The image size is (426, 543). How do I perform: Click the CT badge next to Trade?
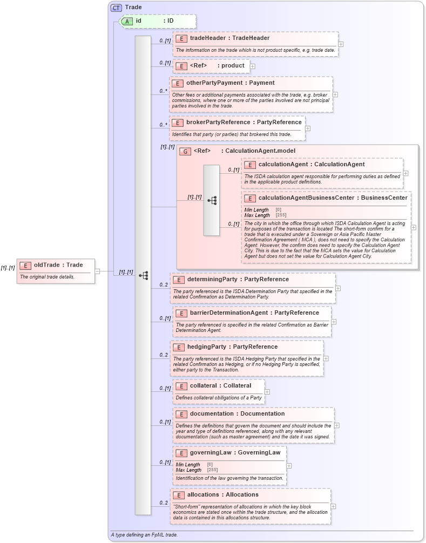click(x=116, y=8)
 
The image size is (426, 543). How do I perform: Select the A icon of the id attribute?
click(x=127, y=21)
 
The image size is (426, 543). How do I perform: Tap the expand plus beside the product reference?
click(x=253, y=66)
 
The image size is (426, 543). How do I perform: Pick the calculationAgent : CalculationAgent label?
click(x=311, y=165)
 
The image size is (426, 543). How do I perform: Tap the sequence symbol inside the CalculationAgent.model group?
click(x=212, y=200)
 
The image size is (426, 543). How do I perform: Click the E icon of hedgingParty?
click(x=180, y=347)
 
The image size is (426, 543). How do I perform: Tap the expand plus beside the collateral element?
click(x=267, y=392)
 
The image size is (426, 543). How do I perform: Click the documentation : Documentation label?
click(x=237, y=414)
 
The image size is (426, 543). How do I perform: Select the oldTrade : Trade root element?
click(x=58, y=265)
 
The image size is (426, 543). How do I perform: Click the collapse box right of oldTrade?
click(x=97, y=271)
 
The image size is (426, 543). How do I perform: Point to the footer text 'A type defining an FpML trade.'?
click(x=144, y=535)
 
